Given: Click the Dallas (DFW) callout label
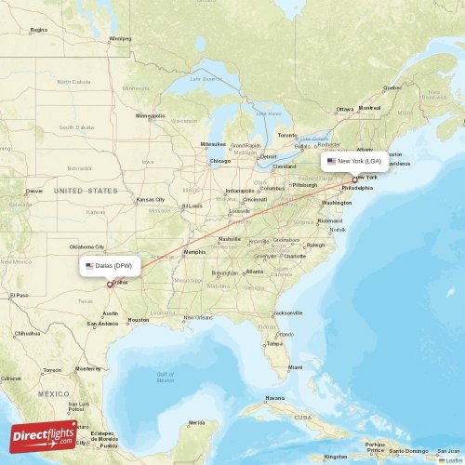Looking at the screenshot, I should pyautogui.click(x=111, y=265).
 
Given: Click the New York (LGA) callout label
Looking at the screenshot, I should pyautogui.click(x=354, y=161).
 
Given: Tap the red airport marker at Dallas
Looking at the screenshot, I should pyautogui.click(x=109, y=284).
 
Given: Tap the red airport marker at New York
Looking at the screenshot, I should pyautogui.click(x=353, y=179).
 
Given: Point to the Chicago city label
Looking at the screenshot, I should pyautogui.click(x=220, y=161).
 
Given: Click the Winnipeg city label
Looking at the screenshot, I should pyautogui.click(x=121, y=38).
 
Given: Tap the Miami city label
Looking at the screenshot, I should pyautogui.click(x=295, y=367).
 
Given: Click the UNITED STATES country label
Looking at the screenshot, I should pyautogui.click(x=86, y=190).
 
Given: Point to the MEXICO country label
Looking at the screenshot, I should pyautogui.click(x=53, y=393).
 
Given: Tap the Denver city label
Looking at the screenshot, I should pyautogui.click(x=34, y=191).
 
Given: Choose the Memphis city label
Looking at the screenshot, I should pyautogui.click(x=194, y=252).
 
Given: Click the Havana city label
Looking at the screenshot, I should pyautogui.click(x=275, y=397).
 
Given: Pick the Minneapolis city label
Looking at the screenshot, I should pyautogui.click(x=150, y=116).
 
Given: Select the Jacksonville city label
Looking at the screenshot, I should pyautogui.click(x=288, y=312).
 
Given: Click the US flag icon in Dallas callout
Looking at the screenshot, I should pyautogui.click(x=89, y=265).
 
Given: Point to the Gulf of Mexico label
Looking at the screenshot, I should pyautogui.click(x=166, y=377).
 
